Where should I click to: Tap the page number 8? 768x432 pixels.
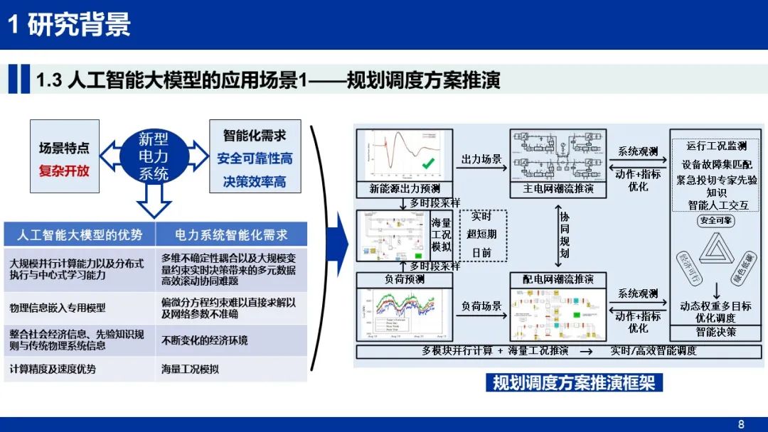[741, 424]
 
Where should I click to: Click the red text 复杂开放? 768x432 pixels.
[64, 171]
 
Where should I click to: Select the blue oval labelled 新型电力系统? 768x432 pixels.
[154, 156]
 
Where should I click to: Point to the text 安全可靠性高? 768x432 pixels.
[255, 158]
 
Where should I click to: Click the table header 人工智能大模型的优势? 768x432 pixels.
[80, 235]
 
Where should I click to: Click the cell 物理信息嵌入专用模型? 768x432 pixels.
[58, 308]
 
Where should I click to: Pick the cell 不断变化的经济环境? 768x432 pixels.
[205, 341]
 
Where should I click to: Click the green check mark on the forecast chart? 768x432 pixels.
[428, 165]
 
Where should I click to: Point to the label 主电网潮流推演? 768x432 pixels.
[558, 189]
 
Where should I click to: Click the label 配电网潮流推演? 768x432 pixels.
[558, 279]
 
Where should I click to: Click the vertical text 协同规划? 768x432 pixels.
[564, 234]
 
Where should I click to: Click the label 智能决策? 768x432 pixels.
[716, 331]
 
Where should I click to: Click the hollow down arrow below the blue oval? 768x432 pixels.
[154, 201]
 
